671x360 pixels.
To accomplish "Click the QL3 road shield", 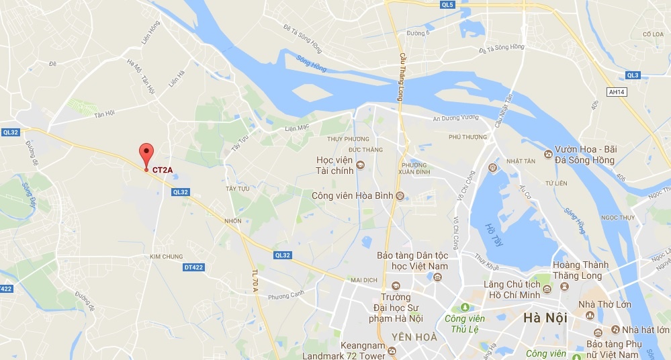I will pyautogui.click(x=632, y=75).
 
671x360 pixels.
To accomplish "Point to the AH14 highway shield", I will pyautogui.click(x=615, y=91).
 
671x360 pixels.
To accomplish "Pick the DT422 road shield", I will pyautogui.click(x=193, y=267).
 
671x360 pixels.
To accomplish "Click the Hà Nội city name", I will pyautogui.click(x=546, y=318).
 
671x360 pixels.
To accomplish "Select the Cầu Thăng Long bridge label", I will pyautogui.click(x=402, y=78).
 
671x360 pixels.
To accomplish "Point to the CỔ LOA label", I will pyautogui.click(x=652, y=34).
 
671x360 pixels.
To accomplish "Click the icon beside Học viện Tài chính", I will pyautogui.click(x=360, y=165).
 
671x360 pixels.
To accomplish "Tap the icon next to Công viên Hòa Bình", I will pyautogui.click(x=400, y=196).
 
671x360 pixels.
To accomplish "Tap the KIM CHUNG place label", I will pyautogui.click(x=166, y=256).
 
